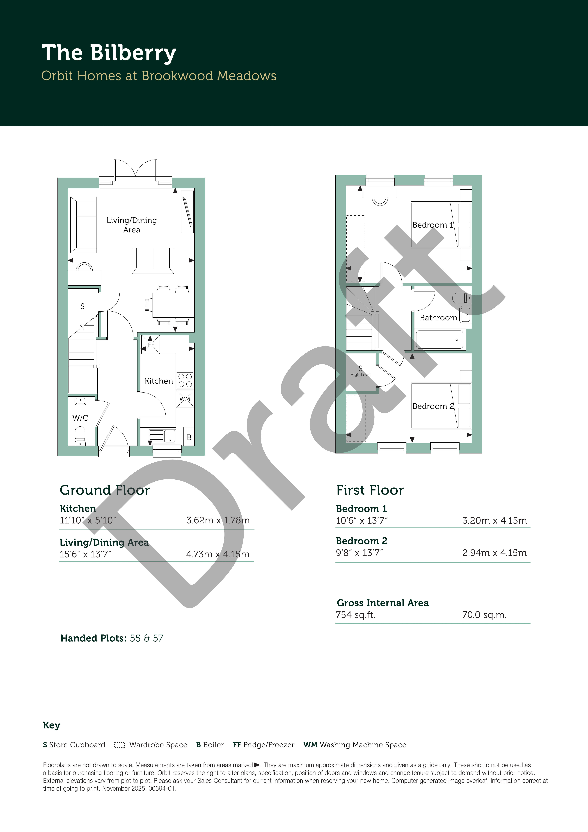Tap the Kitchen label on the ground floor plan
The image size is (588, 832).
(x=159, y=381)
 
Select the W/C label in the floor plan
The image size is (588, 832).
(x=80, y=418)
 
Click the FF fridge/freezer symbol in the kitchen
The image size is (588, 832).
(x=150, y=344)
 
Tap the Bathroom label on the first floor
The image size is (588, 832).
(x=438, y=318)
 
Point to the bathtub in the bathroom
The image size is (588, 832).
(x=439, y=340)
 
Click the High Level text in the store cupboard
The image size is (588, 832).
(x=360, y=375)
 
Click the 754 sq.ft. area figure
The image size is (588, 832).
(x=355, y=615)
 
